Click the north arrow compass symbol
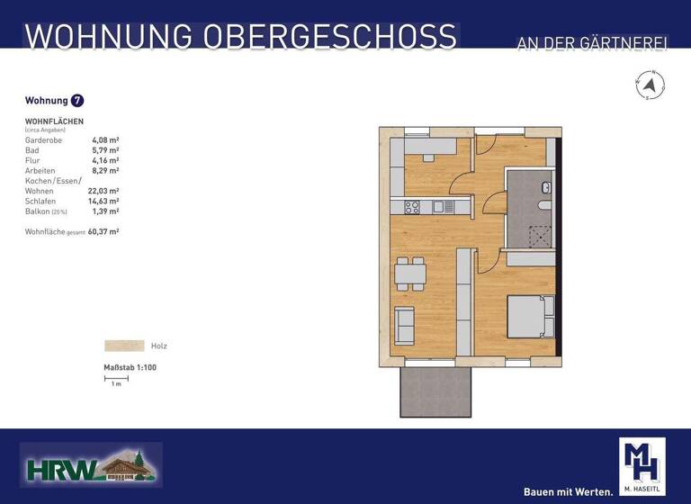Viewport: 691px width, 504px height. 650,86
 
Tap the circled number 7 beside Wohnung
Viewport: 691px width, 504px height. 77,101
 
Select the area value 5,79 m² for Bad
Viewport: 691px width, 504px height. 105,150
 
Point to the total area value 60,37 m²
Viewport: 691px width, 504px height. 104,231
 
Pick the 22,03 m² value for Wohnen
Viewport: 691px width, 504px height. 103,191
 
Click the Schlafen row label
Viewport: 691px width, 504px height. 40,201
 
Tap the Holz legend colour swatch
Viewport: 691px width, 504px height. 124,346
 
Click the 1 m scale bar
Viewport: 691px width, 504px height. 116,378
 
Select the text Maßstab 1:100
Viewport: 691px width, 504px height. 130,367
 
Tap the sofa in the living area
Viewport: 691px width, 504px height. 405,325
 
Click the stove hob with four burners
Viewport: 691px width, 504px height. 412,207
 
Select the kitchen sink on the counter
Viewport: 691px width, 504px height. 438,207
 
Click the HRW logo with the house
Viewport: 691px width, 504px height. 90,465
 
